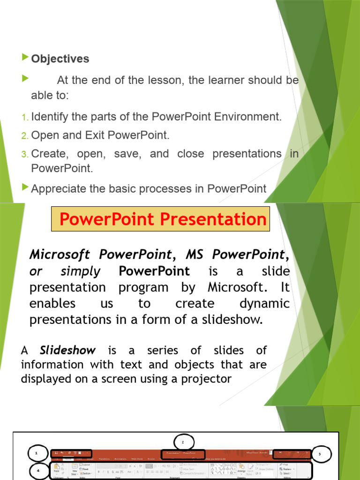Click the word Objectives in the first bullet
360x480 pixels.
[60, 59]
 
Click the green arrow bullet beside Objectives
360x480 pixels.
[25, 58]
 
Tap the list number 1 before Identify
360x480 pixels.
[25, 117]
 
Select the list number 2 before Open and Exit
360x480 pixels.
[25, 136]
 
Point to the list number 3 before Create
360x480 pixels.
[25, 154]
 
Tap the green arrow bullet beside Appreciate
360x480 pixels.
[25, 187]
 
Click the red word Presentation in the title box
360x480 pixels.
[220, 219]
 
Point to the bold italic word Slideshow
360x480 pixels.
[67, 350]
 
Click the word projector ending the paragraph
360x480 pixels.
[208, 379]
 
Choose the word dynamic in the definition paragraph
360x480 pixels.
[264, 303]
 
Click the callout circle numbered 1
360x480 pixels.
[36, 453]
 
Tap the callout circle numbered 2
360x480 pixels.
[183, 442]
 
